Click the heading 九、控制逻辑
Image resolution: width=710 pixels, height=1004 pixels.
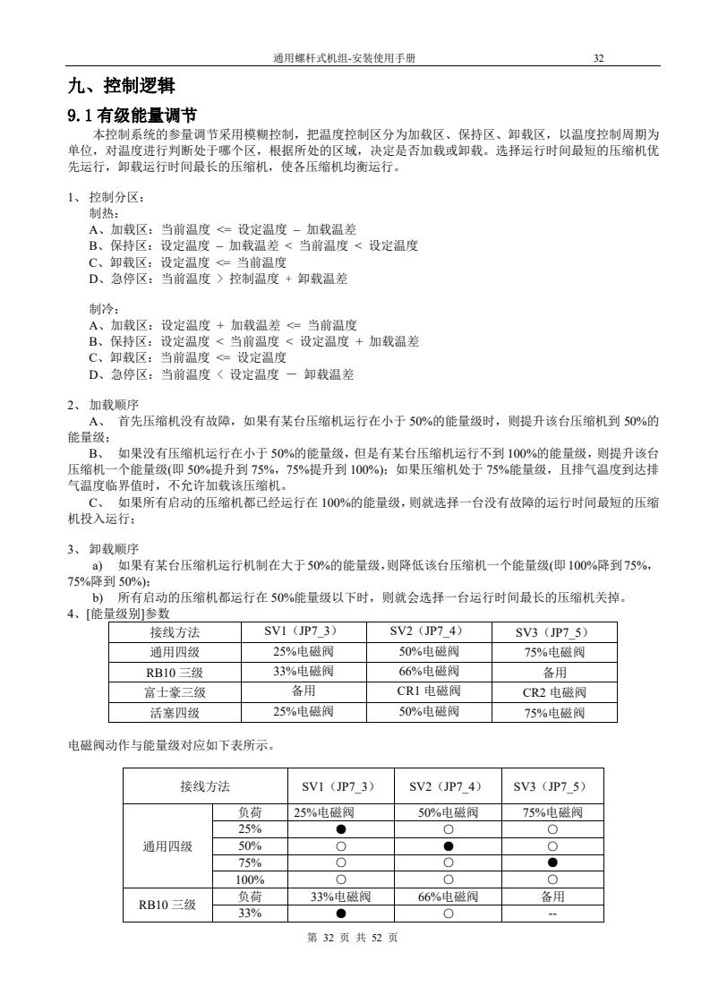(121, 87)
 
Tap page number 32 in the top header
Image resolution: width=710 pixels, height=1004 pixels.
(599, 58)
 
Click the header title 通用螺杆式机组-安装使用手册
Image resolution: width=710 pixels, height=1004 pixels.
(348, 58)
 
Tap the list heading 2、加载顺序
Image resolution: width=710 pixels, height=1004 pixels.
(103, 405)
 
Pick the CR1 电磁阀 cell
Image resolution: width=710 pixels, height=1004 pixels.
(428, 691)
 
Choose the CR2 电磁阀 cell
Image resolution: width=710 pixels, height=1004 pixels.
(553, 691)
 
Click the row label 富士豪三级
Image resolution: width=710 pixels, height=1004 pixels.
(175, 691)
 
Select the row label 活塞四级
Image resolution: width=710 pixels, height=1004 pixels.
(175, 712)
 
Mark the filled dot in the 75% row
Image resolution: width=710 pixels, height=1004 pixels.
(552, 863)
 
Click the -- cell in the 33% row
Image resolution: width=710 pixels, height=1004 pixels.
(552, 914)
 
